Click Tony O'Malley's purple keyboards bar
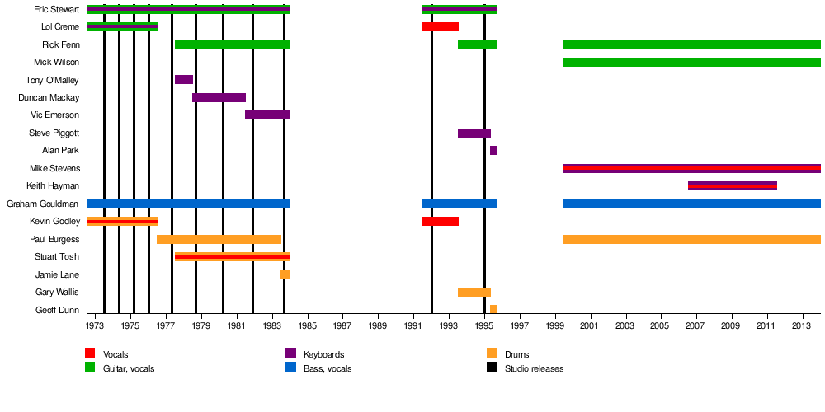[x=184, y=80]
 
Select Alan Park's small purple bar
[x=493, y=151]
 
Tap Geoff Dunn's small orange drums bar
[x=493, y=310]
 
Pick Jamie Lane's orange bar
[x=285, y=275]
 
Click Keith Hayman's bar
[x=733, y=186]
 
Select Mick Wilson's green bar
[x=691, y=63]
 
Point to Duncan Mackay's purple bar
[x=219, y=98]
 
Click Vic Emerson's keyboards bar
[x=267, y=115]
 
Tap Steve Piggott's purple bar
[x=474, y=133]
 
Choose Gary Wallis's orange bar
[x=474, y=293]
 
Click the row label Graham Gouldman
[x=43, y=204]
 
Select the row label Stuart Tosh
[x=57, y=257]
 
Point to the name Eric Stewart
[x=57, y=10]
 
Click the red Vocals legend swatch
[x=90, y=353]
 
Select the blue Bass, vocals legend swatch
[x=290, y=368]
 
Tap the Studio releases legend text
[x=534, y=369]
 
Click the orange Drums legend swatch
[x=492, y=353]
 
